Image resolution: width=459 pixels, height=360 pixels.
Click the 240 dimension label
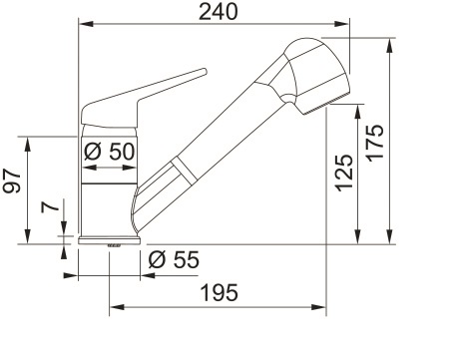[x=219, y=11]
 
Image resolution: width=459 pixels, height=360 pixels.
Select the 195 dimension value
[x=220, y=293]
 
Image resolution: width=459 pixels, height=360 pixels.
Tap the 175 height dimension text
[x=375, y=144]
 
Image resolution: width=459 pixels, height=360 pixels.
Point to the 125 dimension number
[x=344, y=173]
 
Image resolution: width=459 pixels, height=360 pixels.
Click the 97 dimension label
[x=12, y=181]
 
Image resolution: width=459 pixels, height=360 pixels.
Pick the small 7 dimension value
[x=50, y=206]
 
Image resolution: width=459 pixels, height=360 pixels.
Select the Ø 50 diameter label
[x=110, y=152]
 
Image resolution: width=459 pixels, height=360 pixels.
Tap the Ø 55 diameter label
[x=174, y=259]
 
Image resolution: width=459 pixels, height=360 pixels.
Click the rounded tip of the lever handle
[x=205, y=72]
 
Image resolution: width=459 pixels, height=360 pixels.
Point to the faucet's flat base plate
[x=110, y=240]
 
